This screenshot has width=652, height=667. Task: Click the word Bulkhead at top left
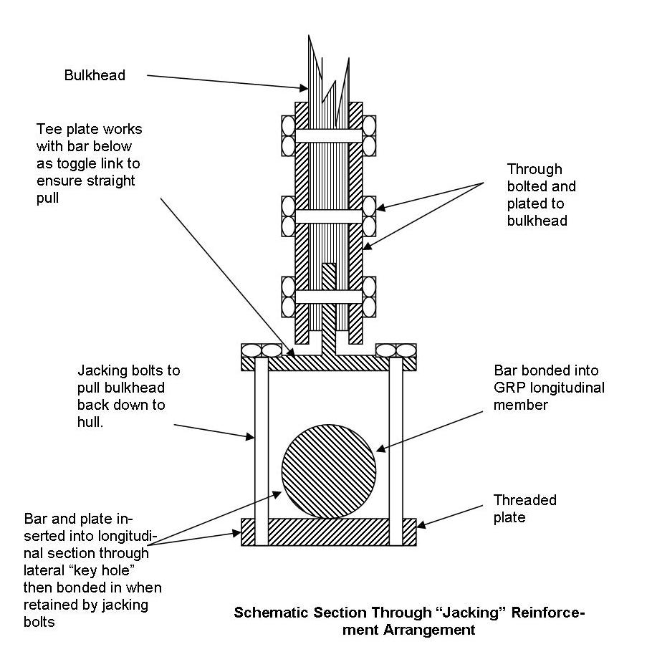point(95,75)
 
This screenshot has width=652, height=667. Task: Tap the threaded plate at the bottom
point(329,532)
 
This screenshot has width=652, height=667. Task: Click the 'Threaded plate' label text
point(524,508)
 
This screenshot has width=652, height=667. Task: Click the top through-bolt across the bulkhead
point(329,135)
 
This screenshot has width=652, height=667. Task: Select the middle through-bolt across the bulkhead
point(329,216)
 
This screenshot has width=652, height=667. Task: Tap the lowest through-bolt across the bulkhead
point(329,296)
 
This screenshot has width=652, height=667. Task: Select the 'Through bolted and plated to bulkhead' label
point(541,195)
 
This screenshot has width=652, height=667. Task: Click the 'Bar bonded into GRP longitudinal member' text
point(549,388)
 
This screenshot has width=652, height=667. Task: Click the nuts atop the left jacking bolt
point(261,350)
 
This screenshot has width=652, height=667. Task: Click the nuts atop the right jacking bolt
point(396,350)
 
